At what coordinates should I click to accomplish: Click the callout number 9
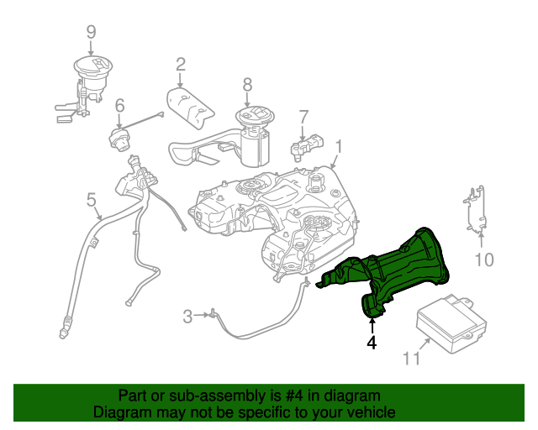[x=91, y=33]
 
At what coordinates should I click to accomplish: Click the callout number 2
[x=181, y=64]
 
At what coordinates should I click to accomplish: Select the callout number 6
[x=119, y=106]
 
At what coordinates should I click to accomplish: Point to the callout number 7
[x=303, y=116]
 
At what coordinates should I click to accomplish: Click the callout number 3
[x=187, y=316]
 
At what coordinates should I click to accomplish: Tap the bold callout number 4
[x=371, y=343]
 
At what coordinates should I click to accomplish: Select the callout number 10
[x=484, y=260]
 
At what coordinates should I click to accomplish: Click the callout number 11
[x=410, y=359]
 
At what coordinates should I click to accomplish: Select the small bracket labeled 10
[x=475, y=210]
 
